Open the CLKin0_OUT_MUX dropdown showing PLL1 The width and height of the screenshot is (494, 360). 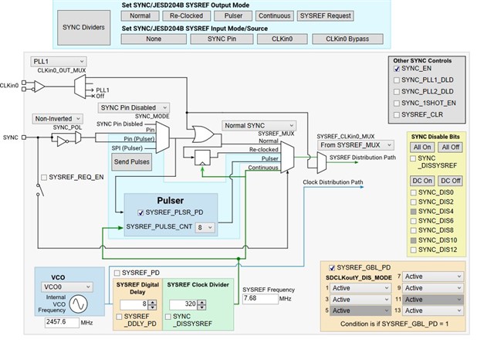click(x=58, y=61)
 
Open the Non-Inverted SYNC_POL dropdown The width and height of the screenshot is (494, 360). click(x=56, y=118)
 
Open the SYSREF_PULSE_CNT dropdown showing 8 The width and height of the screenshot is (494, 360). click(x=205, y=228)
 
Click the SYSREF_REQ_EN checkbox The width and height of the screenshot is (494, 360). click(x=43, y=177)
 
